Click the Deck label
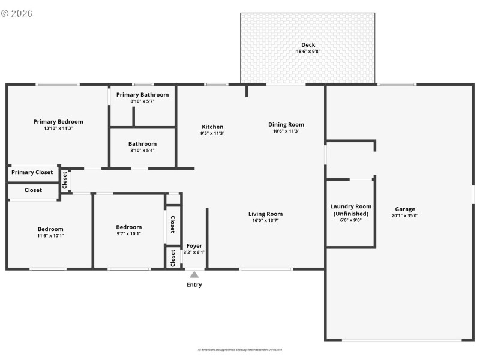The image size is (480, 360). click(308, 45)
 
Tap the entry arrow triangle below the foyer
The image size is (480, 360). click(194, 274)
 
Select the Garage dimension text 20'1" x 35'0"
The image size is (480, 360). click(405, 215)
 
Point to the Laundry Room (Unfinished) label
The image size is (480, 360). click(351, 209)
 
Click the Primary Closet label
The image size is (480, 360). click(32, 172)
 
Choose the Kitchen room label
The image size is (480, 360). click(212, 127)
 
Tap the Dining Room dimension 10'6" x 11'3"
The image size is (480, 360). click(286, 131)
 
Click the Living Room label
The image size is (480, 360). click(265, 214)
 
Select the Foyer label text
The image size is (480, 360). click(194, 246)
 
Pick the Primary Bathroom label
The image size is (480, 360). click(142, 95)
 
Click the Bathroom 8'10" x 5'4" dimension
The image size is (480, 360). click(142, 150)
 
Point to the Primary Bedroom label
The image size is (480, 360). click(58, 121)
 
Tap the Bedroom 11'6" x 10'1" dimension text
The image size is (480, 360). click(50, 235)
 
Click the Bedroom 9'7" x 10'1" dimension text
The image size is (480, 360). click(129, 233)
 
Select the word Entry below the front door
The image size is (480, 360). click(194, 284)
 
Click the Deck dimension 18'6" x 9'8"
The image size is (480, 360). click(308, 52)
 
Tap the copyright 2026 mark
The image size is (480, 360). click(17, 13)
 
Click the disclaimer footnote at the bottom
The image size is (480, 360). click(240, 350)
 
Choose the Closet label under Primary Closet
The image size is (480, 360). click(33, 190)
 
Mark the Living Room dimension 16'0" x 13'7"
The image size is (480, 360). click(265, 220)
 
